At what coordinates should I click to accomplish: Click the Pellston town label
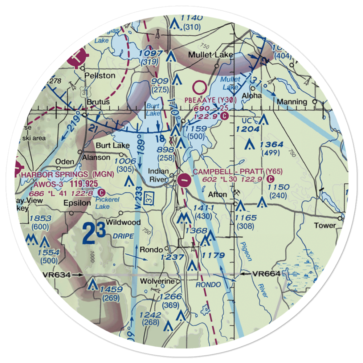click(x=99, y=76)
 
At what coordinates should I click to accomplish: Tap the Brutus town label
click(x=98, y=102)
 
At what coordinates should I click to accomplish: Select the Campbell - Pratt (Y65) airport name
click(x=237, y=171)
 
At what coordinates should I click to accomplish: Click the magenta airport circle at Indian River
click(x=184, y=179)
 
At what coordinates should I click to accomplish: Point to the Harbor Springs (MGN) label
click(x=68, y=175)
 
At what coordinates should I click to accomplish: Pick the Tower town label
click(x=325, y=225)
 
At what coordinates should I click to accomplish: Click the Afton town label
click(x=217, y=195)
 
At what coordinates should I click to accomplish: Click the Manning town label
click(x=291, y=102)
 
